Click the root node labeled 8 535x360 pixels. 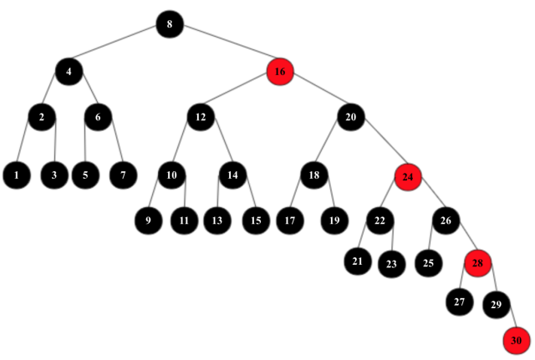pyautogui.click(x=169, y=24)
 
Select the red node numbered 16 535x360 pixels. pyautogui.click(x=279, y=72)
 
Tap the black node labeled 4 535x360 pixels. pyautogui.click(x=69, y=72)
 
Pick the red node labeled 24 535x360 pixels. pyautogui.click(x=408, y=176)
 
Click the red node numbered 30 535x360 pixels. pyautogui.click(x=516, y=339)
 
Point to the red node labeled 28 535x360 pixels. pyautogui.click(x=477, y=262)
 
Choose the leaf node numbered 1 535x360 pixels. pyautogui.click(x=16, y=175)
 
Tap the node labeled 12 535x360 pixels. pyautogui.click(x=200, y=117)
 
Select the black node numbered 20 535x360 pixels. pyautogui.click(x=349, y=117)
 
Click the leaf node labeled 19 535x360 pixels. pyautogui.click(x=334, y=221)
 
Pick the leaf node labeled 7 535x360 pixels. pyautogui.click(x=123, y=175)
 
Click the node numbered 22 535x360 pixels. pyautogui.click(x=379, y=221)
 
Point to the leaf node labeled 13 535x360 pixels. pyautogui.click(x=217, y=221)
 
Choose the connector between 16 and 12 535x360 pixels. pyautogui.click(x=240, y=94)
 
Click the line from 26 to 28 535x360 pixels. pyautogui.click(x=461, y=241)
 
